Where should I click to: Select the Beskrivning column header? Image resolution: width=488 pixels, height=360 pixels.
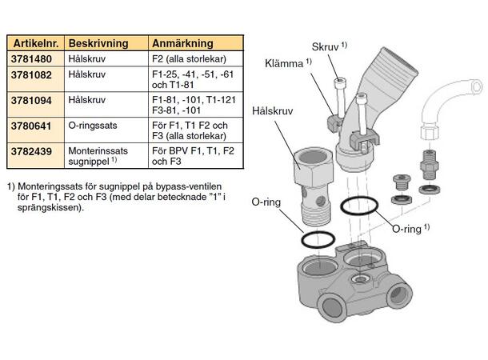(x=94, y=44)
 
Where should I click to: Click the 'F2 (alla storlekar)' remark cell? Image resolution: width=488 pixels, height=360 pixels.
(x=187, y=58)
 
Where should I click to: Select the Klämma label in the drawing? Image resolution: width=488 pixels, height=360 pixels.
(x=285, y=63)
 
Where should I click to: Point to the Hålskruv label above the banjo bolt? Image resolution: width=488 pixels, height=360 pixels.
(x=272, y=112)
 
